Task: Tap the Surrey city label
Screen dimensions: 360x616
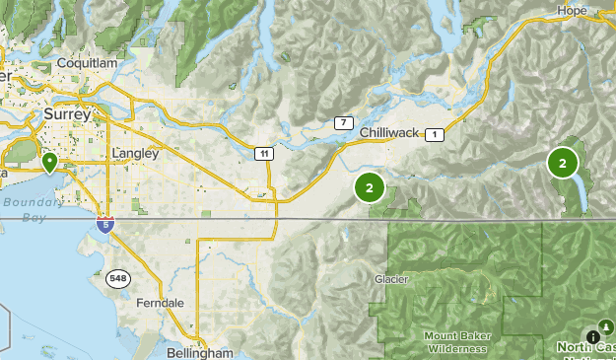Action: pos(67,114)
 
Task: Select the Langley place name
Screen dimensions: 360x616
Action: pos(135,154)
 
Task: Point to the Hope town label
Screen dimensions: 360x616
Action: pos(571,10)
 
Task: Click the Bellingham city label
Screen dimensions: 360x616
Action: pos(200,352)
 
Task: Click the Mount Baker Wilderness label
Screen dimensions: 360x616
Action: pos(455,341)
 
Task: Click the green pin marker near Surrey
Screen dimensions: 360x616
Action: pos(48,161)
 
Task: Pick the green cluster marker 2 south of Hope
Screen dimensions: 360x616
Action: pos(563,163)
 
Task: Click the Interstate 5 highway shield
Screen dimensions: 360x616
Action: pos(105,225)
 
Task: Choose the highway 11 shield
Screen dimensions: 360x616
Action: pos(263,153)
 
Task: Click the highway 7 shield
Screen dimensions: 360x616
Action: pos(343,123)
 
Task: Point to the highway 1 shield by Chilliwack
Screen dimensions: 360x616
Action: pos(436,133)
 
